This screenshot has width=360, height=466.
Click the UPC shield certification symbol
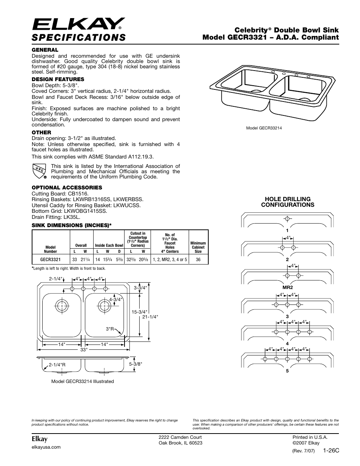(39, 171)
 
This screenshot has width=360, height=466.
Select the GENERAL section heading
(45, 50)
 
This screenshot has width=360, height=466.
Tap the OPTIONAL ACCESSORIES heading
(67, 188)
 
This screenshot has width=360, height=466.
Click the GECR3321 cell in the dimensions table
(51, 260)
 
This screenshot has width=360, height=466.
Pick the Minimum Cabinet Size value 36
(198, 260)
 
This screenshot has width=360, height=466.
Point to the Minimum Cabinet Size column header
(198, 247)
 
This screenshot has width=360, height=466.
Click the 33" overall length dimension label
(84, 349)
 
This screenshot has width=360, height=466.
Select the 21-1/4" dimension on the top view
(150, 317)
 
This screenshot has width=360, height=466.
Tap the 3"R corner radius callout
(110, 329)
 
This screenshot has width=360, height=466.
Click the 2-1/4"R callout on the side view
(57, 365)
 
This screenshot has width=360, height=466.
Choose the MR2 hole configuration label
(287, 287)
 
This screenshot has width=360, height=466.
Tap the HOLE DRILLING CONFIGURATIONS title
(288, 202)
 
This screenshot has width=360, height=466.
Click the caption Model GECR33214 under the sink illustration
(264, 128)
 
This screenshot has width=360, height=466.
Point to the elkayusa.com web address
(46, 447)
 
